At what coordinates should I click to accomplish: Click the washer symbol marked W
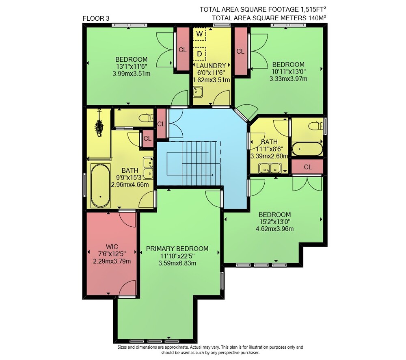(x=199, y=34)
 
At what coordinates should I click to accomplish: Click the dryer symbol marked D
(x=199, y=54)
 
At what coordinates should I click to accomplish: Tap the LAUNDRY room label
(x=211, y=66)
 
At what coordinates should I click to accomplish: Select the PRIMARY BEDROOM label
(x=177, y=249)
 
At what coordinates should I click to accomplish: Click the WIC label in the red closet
(x=112, y=247)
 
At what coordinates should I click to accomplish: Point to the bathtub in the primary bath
(x=100, y=185)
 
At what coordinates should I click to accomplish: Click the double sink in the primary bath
(x=148, y=168)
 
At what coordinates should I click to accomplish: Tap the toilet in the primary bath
(x=146, y=118)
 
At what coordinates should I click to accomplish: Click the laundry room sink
(x=198, y=92)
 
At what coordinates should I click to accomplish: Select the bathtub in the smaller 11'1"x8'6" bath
(x=307, y=149)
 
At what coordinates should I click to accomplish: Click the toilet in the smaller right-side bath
(x=315, y=126)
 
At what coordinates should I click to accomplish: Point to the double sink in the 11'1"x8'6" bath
(x=270, y=168)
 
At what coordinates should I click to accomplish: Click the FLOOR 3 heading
(x=96, y=18)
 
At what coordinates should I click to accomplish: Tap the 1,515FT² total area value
(x=313, y=9)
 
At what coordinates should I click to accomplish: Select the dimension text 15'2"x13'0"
(x=275, y=222)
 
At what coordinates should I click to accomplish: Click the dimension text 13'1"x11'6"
(x=132, y=67)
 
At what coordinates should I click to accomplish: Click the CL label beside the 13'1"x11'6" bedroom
(x=183, y=50)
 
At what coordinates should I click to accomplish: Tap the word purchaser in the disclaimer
(x=249, y=353)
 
